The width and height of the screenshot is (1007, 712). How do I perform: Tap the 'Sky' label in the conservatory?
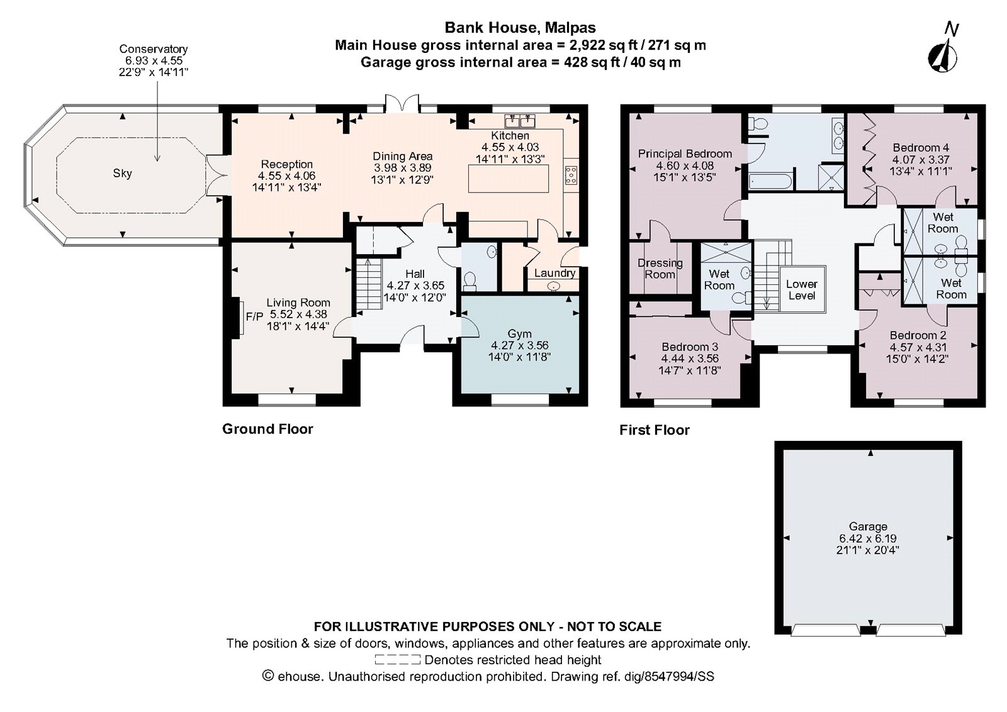coord(122,173)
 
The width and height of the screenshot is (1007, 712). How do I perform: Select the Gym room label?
coord(519,333)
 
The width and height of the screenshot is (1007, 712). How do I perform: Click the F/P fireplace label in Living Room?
coord(254,317)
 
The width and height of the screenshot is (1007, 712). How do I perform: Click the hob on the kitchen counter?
coord(571,175)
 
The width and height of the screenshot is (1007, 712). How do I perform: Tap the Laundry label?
coord(554,273)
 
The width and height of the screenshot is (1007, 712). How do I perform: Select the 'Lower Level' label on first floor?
coord(801,290)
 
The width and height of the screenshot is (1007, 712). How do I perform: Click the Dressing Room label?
coord(660,269)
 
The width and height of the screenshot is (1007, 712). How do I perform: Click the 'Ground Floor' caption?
coord(267,429)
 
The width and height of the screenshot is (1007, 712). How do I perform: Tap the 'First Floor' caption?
coord(655,430)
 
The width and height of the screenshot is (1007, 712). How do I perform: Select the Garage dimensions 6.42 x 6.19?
coord(868,538)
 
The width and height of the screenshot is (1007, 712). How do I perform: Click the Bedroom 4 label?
coord(920,148)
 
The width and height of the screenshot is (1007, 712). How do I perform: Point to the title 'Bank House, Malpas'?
coord(520,28)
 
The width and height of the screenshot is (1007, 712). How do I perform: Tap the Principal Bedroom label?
coord(685,153)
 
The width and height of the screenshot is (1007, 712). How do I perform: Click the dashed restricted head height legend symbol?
coord(397,660)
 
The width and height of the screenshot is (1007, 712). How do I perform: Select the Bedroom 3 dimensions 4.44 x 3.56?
coord(690,359)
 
